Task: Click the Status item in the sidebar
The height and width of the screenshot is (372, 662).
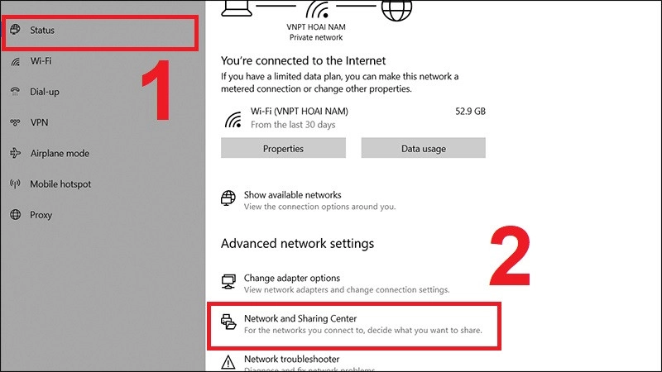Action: (42, 31)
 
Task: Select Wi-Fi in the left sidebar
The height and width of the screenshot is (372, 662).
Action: (41, 61)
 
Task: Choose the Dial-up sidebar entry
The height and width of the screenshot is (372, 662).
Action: (45, 92)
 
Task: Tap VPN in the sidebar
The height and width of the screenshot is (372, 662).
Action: (40, 122)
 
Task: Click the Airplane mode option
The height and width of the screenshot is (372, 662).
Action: (59, 153)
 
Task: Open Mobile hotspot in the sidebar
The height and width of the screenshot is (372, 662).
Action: (60, 184)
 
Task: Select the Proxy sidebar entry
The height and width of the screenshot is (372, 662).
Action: (41, 214)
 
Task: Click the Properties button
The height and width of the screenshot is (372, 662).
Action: (283, 149)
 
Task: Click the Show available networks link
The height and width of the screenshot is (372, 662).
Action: (292, 195)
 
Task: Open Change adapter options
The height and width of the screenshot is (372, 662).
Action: (291, 279)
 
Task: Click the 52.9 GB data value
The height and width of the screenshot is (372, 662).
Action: (470, 110)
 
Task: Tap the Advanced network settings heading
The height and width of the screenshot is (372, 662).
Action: (297, 244)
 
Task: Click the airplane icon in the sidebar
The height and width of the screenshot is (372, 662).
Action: (15, 153)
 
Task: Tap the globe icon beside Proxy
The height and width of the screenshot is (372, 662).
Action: (15, 214)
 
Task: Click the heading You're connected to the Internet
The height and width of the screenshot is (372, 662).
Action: (303, 60)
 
